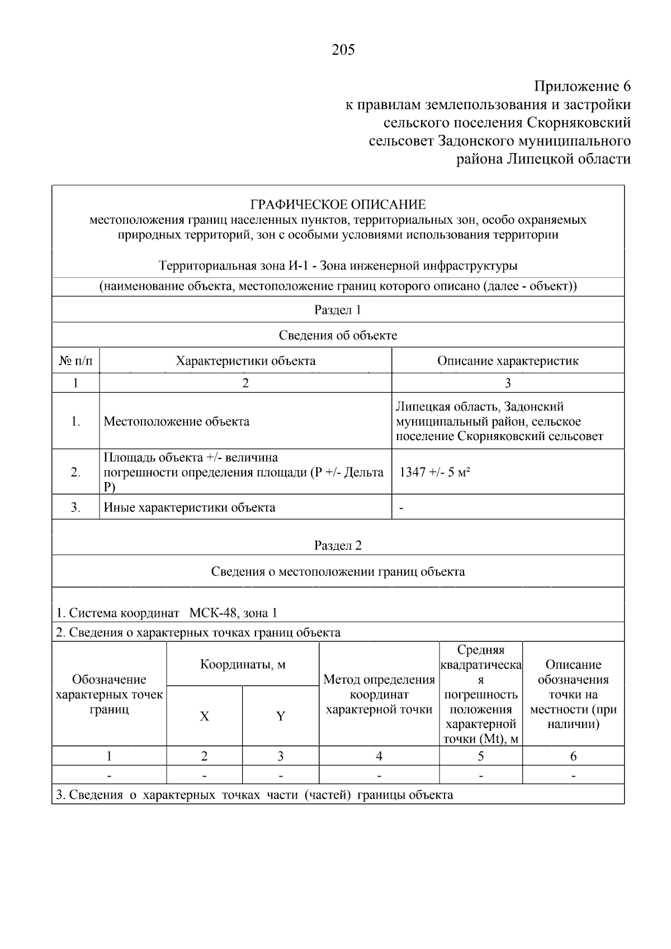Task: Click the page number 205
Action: point(343,50)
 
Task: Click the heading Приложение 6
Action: point(582,87)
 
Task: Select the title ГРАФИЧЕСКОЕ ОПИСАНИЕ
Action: point(338,205)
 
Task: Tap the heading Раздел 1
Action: point(338,310)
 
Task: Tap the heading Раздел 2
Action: point(338,545)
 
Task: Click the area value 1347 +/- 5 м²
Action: point(434,472)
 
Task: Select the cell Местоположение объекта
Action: point(177,422)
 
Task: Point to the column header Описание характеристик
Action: point(507,361)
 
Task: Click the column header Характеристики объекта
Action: point(245,361)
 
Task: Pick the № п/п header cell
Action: point(75,361)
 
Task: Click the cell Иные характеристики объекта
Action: point(190,508)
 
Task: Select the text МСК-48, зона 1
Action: point(233,613)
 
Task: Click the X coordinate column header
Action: point(205,716)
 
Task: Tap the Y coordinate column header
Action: point(281,716)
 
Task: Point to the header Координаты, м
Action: point(243,665)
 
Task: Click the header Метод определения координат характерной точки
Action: point(379,695)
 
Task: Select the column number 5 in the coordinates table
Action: point(480,757)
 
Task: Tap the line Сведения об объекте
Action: point(338,336)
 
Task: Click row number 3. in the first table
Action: point(75,508)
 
